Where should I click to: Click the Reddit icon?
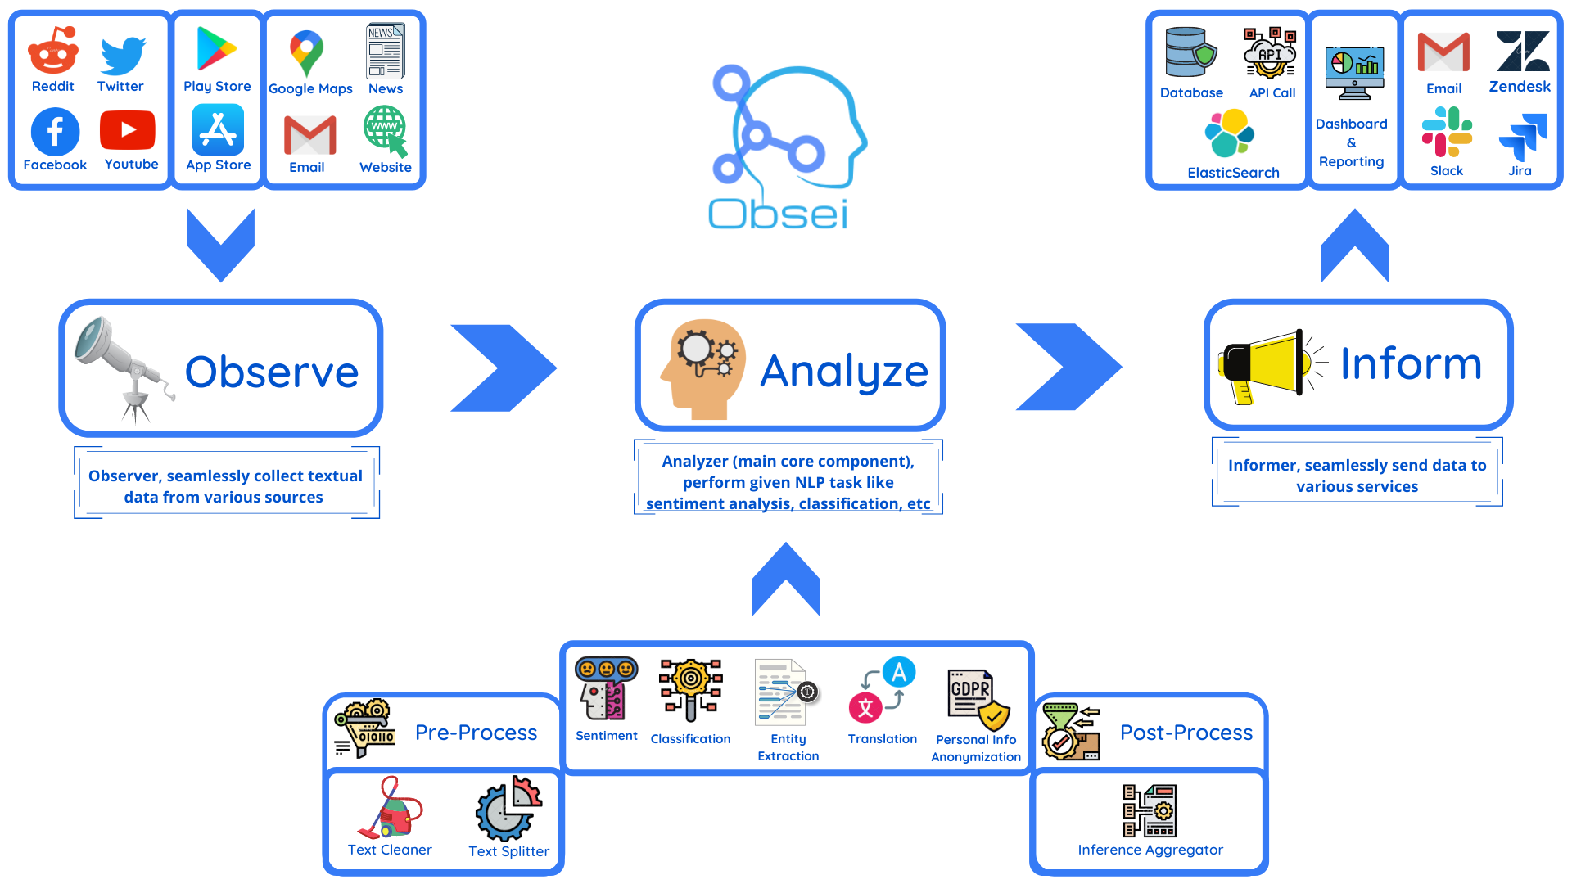click(x=53, y=51)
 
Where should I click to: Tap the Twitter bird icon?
click(x=122, y=55)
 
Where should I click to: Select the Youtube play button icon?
click(x=128, y=129)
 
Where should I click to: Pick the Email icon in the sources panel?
click(x=309, y=135)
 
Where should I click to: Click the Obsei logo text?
click(x=778, y=214)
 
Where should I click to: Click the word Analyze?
click(x=844, y=371)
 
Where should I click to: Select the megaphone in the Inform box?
click(x=1265, y=366)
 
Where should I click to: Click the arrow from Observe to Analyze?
click(x=503, y=368)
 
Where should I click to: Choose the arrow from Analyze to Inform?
click(x=1068, y=367)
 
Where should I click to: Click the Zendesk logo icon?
click(x=1522, y=52)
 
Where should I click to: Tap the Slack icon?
click(x=1447, y=133)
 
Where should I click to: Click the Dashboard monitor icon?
click(x=1354, y=72)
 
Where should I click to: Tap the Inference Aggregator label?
click(x=1150, y=850)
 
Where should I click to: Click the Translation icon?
click(x=882, y=690)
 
